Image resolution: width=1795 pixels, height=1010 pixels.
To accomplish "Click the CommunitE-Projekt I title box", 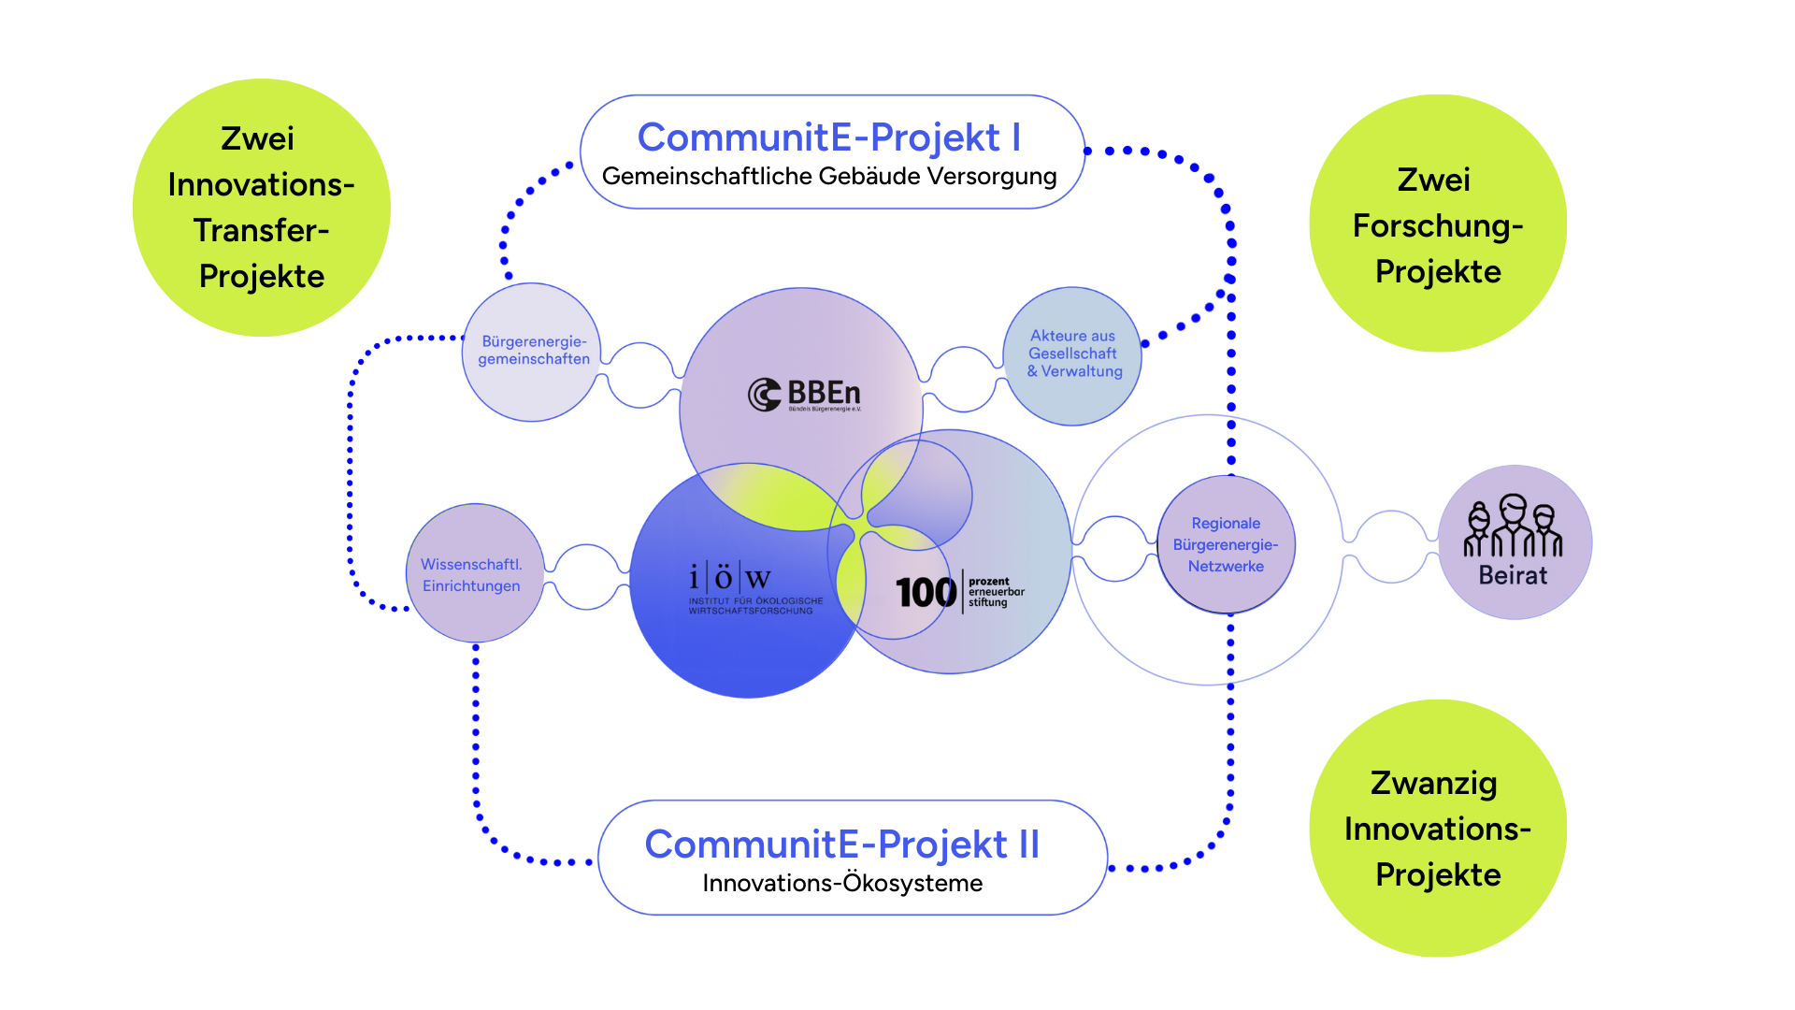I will [x=831, y=151].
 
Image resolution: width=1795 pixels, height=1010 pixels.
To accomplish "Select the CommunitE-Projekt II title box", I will [x=852, y=857].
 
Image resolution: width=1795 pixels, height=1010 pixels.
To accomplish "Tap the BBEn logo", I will [x=805, y=395].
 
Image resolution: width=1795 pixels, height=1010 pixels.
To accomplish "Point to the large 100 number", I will [x=926, y=593].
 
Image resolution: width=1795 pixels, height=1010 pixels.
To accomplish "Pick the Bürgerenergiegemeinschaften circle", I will [x=533, y=351].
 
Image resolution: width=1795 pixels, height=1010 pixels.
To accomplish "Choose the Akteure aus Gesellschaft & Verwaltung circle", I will [x=1073, y=354].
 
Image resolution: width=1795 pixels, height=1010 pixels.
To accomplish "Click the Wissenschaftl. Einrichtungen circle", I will [x=472, y=574].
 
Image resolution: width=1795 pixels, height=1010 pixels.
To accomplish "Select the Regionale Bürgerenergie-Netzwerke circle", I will [x=1226, y=544].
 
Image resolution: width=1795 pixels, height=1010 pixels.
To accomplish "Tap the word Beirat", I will [x=1513, y=576].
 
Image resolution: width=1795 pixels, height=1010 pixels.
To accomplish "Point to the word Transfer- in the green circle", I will [x=261, y=231].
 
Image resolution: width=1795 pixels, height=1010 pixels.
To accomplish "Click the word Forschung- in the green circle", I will [x=1438, y=226].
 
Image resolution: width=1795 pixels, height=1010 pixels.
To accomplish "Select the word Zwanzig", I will [x=1433, y=784].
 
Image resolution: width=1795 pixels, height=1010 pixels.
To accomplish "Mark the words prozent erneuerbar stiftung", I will [x=996, y=592].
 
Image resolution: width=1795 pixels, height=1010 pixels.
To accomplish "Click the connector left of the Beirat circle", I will [x=1391, y=546].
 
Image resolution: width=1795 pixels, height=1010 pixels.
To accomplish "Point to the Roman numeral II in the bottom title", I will [x=1028, y=844].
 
